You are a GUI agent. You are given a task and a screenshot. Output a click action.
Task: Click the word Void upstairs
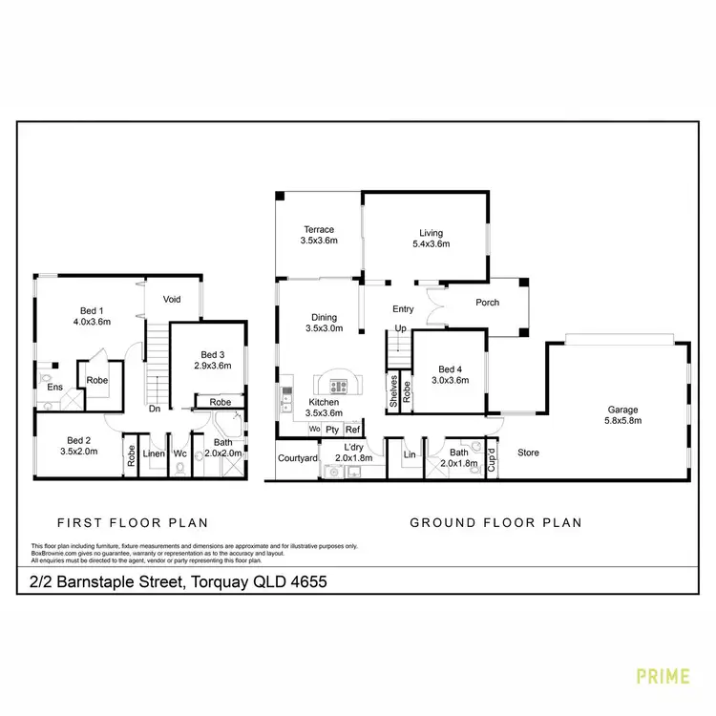coord(172,300)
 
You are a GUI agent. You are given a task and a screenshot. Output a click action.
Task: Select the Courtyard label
coord(297,458)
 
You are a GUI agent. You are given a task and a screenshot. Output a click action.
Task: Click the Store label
coord(530,453)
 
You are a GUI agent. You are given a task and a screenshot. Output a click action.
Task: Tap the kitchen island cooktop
coord(340,387)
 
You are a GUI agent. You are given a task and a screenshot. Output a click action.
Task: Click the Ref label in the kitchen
coord(352,431)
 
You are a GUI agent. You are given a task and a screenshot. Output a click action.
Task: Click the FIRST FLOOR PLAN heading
coord(133,523)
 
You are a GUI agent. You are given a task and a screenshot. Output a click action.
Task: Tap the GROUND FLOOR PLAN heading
coord(495,523)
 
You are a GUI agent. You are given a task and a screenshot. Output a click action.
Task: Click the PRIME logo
coord(663,677)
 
